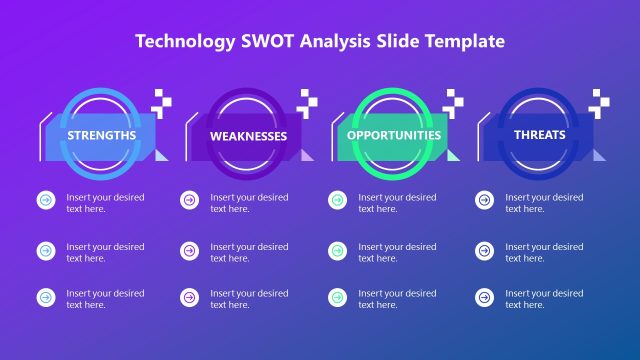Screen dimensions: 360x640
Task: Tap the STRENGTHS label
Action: click(102, 135)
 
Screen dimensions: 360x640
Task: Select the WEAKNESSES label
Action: click(249, 136)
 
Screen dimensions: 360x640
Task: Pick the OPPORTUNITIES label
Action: click(394, 135)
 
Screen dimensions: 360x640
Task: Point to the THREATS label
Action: click(539, 135)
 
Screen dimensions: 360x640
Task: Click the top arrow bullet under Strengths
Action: click(46, 201)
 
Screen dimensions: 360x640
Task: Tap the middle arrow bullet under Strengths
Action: click(46, 250)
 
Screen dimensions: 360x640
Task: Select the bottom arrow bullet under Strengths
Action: click(46, 297)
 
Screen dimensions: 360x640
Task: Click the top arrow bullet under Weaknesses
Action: click(189, 201)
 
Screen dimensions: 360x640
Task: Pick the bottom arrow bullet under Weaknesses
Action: click(189, 297)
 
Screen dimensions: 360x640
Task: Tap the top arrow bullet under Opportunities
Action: click(337, 201)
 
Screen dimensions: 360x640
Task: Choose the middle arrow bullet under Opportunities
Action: click(337, 250)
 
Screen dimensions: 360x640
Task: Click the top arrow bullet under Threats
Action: click(484, 201)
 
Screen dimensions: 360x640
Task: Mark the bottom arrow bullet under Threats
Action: click(484, 297)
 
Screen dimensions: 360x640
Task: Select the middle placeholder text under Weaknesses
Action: click(249, 252)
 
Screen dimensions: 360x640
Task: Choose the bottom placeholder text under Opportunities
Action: click(397, 299)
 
